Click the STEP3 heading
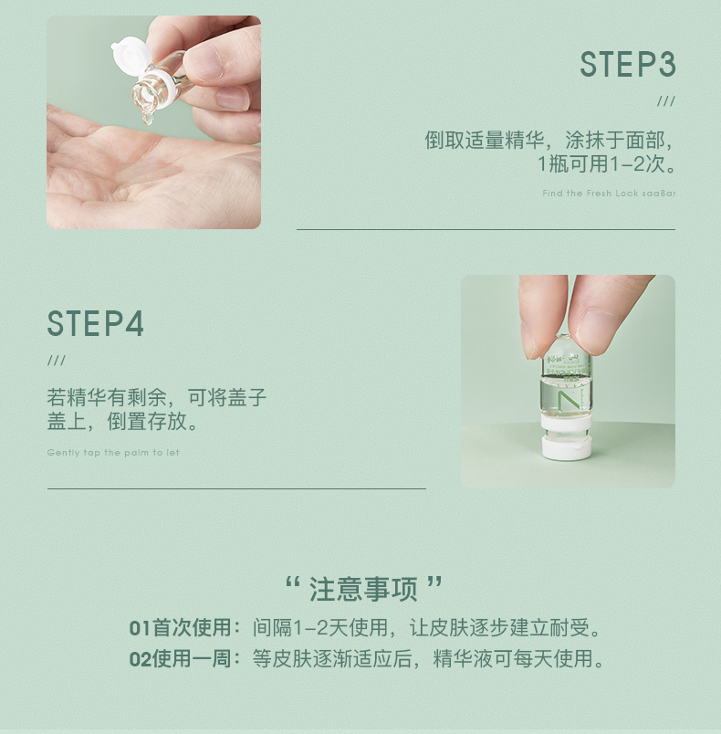[628, 64]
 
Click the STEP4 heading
[96, 323]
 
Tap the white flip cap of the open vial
[129, 55]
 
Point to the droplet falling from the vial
[148, 118]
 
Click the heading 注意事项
[363, 589]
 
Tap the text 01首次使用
[180, 628]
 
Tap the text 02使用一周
[180, 658]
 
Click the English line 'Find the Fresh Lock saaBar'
[609, 193]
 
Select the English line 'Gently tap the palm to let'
[113, 452]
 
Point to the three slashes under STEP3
[666, 101]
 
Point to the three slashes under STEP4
[57, 360]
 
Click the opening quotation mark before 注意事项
[292, 582]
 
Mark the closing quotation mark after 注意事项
[434, 582]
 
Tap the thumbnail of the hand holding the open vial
[153, 122]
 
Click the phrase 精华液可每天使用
[513, 658]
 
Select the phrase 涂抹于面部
[615, 140]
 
